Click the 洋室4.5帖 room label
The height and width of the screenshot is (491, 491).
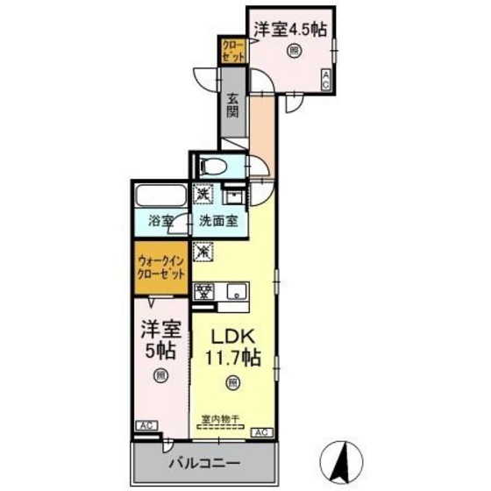click(x=290, y=29)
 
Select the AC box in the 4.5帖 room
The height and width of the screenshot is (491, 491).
click(x=326, y=80)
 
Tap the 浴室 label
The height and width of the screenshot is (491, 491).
click(x=160, y=223)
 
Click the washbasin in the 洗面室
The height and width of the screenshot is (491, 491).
click(x=234, y=194)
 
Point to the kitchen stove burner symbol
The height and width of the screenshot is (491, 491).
click(x=203, y=292)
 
